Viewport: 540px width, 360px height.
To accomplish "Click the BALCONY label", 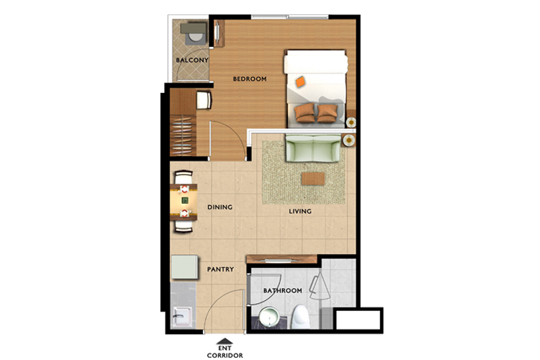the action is [192, 60].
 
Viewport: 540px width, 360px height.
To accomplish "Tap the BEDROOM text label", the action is [250, 79].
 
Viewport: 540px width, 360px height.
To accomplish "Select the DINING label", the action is [220, 207].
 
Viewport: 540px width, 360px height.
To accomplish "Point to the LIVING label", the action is [300, 211].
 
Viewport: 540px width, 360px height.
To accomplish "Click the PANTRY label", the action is [220, 269].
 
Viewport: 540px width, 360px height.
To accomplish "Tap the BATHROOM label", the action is [282, 290].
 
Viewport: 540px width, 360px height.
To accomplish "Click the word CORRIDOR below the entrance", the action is [225, 355].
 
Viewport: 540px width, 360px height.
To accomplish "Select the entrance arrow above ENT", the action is [225, 341].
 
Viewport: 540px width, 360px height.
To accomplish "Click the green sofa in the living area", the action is [313, 148].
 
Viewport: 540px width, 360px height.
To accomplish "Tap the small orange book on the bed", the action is [300, 81].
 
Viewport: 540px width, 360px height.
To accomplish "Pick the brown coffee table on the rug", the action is [312, 179].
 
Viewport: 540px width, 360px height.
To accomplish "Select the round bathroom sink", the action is [269, 317].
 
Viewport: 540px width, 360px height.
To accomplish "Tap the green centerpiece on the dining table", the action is [185, 200].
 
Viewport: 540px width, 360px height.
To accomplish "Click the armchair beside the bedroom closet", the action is [204, 100].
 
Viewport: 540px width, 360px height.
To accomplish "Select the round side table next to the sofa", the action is [349, 140].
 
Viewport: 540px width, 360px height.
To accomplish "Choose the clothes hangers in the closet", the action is [183, 135].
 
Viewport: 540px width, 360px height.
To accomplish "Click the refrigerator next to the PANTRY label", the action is [184, 267].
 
